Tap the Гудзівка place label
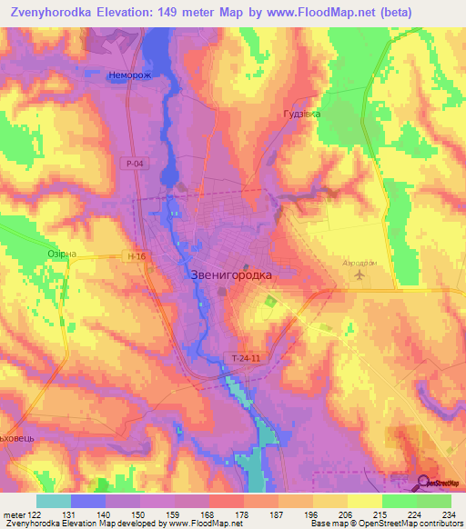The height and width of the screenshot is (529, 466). coord(302,115)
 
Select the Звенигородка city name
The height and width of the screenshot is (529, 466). coord(230,273)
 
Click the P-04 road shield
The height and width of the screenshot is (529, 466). coord(134,162)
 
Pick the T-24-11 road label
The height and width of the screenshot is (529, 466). coord(246,360)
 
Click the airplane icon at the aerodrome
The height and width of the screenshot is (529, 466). coord(360,273)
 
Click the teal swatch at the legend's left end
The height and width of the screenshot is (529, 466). coord(54,501)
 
